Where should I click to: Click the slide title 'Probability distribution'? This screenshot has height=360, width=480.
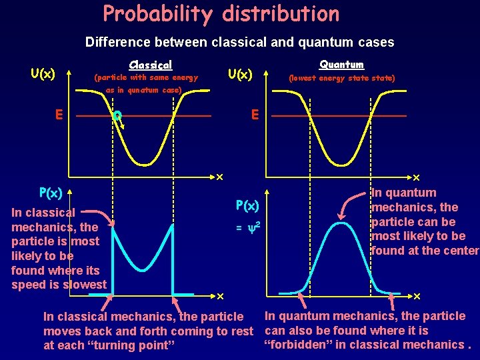(221, 14)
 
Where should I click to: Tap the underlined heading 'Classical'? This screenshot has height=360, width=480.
(150, 65)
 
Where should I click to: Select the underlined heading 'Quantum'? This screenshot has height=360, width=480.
(341, 64)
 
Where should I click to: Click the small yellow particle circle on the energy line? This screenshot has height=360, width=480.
(117, 116)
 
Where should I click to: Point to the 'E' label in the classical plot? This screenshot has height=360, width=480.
(59, 115)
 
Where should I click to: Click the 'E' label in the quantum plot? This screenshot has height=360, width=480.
(254, 115)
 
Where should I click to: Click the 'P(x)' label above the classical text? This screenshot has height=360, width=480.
(51, 193)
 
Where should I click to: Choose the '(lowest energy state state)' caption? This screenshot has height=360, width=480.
(341, 79)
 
